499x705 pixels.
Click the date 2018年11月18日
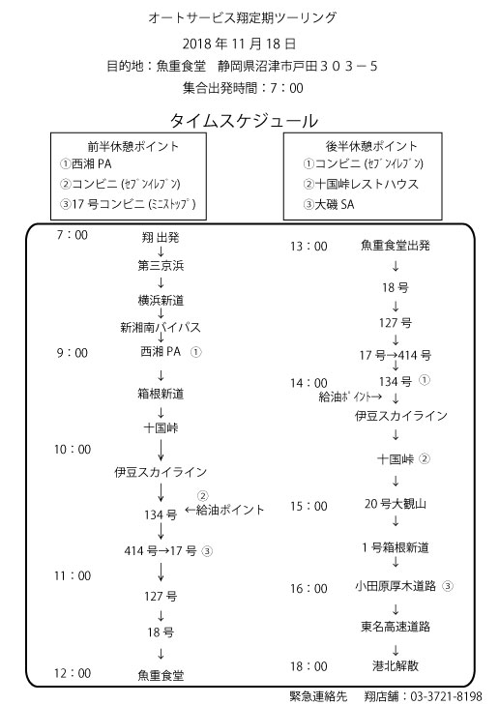point(239,44)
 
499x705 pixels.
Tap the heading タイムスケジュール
point(244,121)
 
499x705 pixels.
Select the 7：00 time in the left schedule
point(72,235)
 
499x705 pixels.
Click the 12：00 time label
point(73,673)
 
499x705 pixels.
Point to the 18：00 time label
point(308,666)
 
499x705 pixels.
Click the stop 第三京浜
point(161,265)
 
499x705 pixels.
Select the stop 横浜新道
point(161,300)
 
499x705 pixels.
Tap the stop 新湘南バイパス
point(160,327)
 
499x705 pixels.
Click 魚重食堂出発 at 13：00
point(396,245)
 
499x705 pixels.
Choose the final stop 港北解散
point(396,665)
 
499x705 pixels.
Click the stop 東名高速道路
point(396,627)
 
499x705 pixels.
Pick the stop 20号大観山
point(396,504)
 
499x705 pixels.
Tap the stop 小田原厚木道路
point(396,586)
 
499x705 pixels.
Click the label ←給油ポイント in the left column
point(224,510)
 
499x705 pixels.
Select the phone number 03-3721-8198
point(446,696)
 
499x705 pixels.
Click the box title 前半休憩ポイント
point(133,146)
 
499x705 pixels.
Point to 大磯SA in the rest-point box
point(335,205)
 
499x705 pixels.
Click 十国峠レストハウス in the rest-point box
point(367,184)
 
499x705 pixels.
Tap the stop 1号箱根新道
point(396,547)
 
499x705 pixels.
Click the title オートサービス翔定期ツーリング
point(243,18)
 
